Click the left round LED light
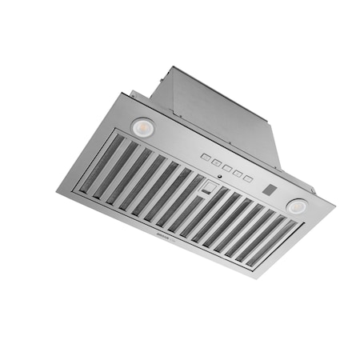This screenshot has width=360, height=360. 144,126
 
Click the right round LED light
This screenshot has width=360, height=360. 298,206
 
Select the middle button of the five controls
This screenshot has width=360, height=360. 227,168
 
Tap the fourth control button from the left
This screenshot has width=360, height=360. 238,173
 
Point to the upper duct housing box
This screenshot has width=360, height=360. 216,112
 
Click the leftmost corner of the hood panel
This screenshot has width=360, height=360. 58,190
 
